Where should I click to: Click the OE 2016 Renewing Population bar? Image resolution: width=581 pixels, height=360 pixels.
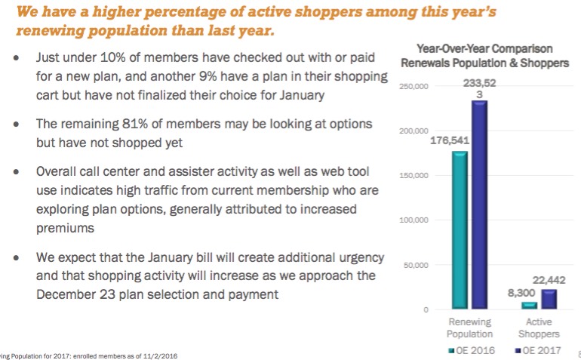click(460, 230)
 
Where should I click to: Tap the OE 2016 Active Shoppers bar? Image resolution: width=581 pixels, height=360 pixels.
click(529, 306)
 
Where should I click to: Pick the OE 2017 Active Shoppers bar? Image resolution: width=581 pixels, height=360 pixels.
click(549, 300)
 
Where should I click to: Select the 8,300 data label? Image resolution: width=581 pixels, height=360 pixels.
click(520, 291)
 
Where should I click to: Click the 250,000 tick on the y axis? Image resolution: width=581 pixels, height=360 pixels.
click(414, 88)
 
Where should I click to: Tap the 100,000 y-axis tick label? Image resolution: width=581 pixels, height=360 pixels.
click(414, 220)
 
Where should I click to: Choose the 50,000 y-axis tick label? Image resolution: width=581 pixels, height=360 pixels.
click(417, 265)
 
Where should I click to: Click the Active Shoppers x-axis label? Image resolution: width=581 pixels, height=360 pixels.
click(539, 328)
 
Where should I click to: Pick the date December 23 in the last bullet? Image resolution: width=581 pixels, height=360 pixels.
click(74, 294)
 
